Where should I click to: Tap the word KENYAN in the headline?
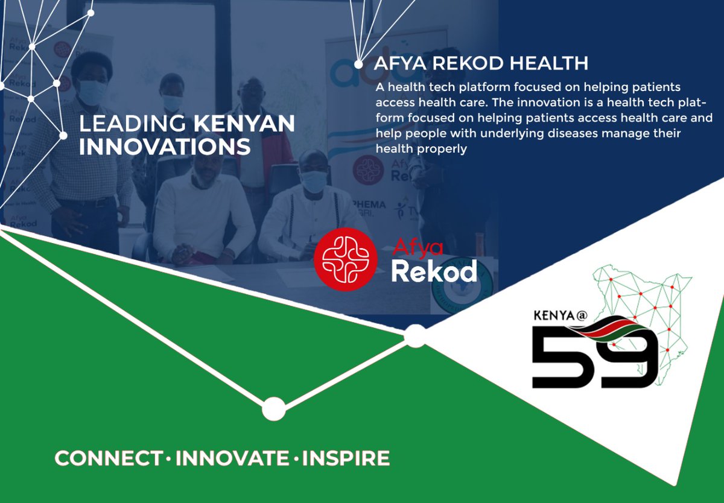click(x=244, y=124)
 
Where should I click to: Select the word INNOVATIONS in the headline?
click(x=165, y=147)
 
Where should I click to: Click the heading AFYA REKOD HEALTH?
click(x=481, y=63)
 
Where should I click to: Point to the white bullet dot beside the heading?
click(x=358, y=64)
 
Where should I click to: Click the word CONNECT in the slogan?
click(x=109, y=458)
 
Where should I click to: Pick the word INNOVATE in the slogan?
click(x=232, y=458)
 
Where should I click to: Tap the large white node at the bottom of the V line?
click(x=273, y=408)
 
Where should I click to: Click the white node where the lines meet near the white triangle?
click(x=414, y=336)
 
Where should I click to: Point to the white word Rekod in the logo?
click(x=433, y=271)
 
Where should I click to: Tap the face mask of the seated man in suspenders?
click(x=314, y=182)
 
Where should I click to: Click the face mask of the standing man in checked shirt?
click(x=93, y=92)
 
